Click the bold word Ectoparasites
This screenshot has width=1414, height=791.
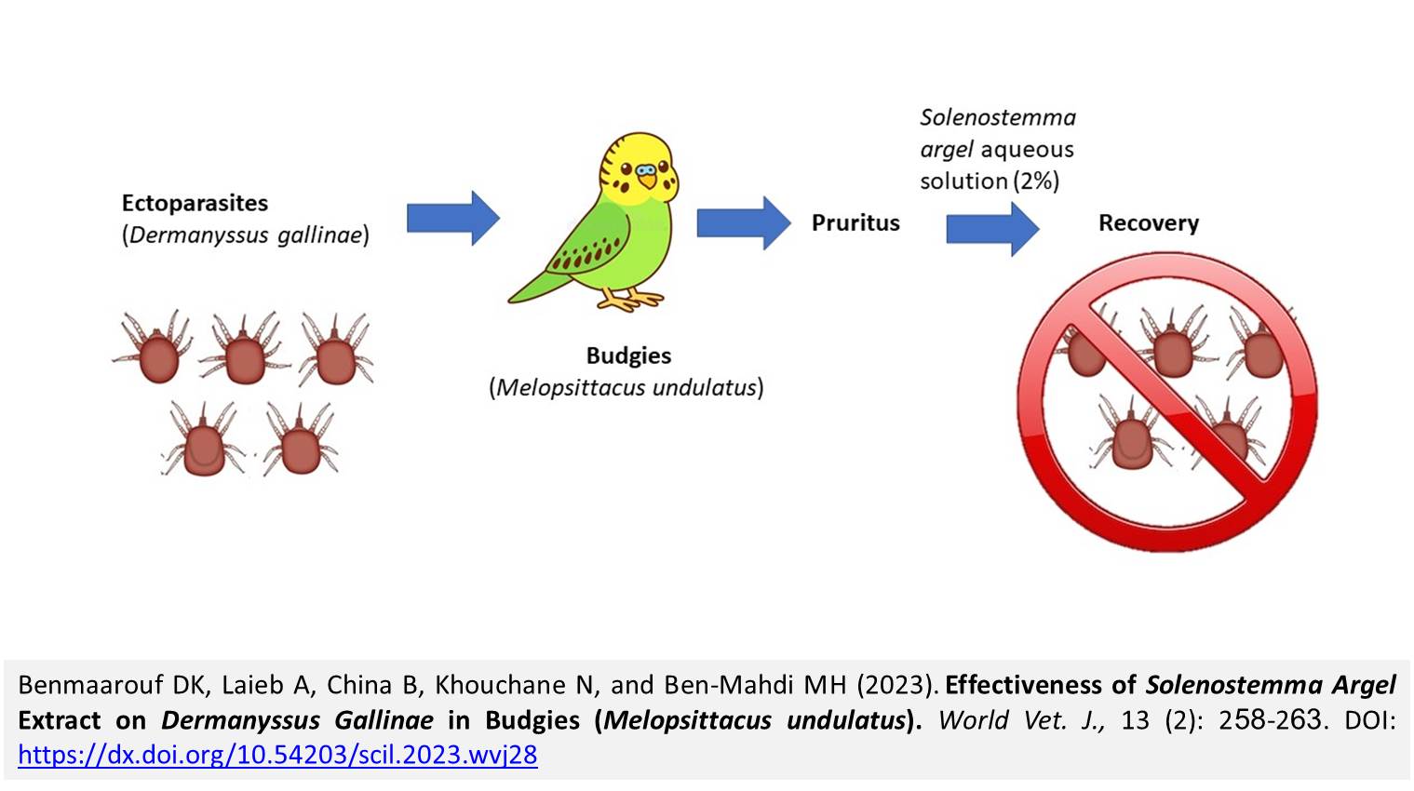195,203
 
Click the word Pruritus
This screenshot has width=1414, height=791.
855,222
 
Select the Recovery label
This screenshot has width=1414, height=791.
1149,222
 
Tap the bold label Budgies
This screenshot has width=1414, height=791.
628,355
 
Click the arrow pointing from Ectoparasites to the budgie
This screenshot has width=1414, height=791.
453,219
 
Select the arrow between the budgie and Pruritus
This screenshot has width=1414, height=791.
744,222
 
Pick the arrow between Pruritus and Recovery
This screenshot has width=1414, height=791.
993,229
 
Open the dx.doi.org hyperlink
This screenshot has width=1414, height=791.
277,755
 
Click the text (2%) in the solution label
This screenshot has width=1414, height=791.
1036,181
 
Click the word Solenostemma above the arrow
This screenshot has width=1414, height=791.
998,117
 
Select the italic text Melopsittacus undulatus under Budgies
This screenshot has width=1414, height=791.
626,388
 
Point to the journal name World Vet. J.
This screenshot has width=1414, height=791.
1021,720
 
